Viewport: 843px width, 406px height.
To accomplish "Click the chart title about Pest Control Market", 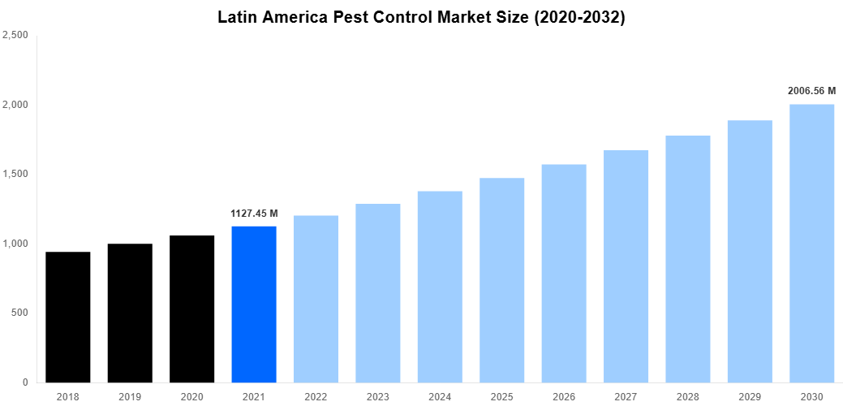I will pyautogui.click(x=421, y=17).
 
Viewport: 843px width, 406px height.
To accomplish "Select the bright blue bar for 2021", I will pyautogui.click(x=254, y=304).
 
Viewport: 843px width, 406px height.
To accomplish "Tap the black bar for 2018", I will pyautogui.click(x=68, y=317).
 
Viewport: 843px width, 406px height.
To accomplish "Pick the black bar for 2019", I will pyautogui.click(x=130, y=313).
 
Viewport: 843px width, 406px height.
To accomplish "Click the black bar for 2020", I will pyautogui.click(x=192, y=309).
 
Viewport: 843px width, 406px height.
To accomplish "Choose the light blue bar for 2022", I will pyautogui.click(x=316, y=299).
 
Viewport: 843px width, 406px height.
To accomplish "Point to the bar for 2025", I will pyautogui.click(x=501, y=280).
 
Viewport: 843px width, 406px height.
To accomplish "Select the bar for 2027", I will pyautogui.click(x=626, y=266).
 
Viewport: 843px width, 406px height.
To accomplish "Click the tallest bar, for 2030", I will pyautogui.click(x=811, y=243).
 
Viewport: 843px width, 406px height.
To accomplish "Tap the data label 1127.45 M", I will pyautogui.click(x=254, y=214).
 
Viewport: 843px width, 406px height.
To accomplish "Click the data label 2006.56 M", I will pyautogui.click(x=811, y=91).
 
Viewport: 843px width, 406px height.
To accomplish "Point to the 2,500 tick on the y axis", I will pyautogui.click(x=16, y=36).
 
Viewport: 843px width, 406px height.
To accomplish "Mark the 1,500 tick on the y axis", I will pyautogui.click(x=16, y=175).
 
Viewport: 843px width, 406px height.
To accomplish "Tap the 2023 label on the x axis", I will pyautogui.click(x=378, y=396).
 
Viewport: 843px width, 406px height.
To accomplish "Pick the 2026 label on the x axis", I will pyautogui.click(x=564, y=396).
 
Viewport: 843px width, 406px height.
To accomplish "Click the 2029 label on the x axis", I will pyautogui.click(x=750, y=396).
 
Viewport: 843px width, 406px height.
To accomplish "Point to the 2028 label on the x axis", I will pyautogui.click(x=687, y=396).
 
